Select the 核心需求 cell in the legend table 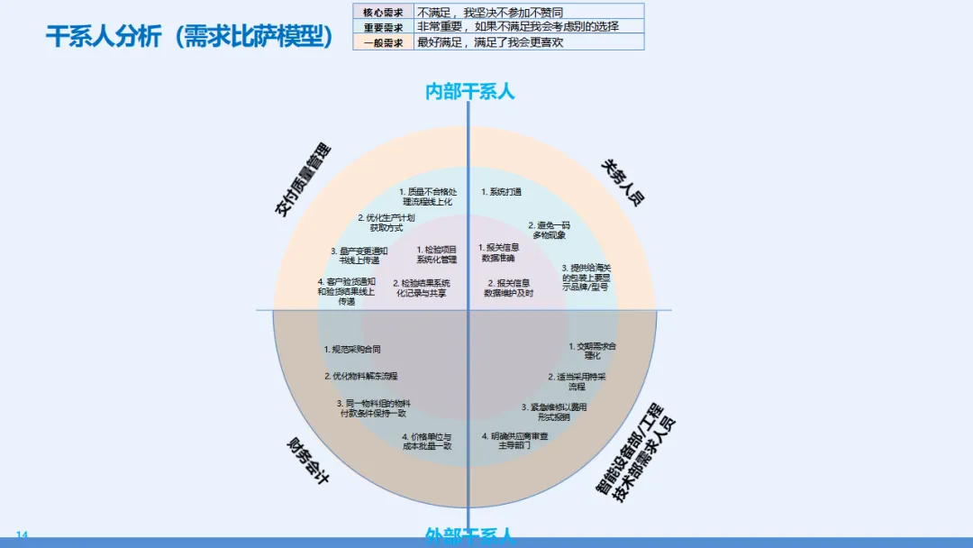pyautogui.click(x=383, y=12)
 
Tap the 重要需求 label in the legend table pyautogui.click(x=383, y=27)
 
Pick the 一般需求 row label pyautogui.click(x=383, y=42)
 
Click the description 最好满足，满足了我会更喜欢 pyautogui.click(x=490, y=42)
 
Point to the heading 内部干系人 pyautogui.click(x=469, y=91)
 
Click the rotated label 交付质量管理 pyautogui.click(x=303, y=180)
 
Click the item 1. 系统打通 pyautogui.click(x=501, y=192)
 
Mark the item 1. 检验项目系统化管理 pyautogui.click(x=436, y=254)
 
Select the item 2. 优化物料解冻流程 pyautogui.click(x=360, y=376)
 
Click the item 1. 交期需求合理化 pyautogui.click(x=592, y=351)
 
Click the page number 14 pyautogui.click(x=23, y=535)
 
